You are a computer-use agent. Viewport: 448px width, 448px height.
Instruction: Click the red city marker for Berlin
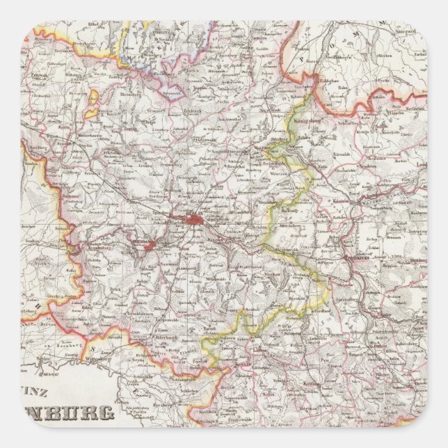point(193,220)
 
